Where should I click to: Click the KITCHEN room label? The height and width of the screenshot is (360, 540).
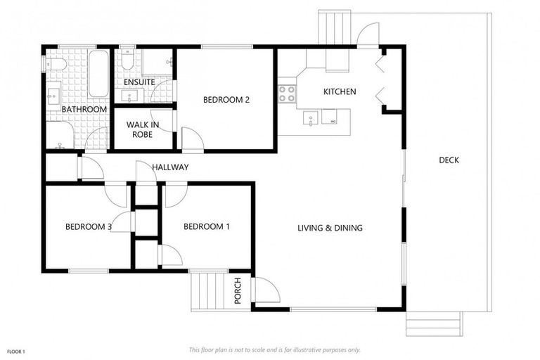click(x=340, y=91)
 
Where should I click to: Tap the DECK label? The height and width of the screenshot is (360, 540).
click(x=449, y=160)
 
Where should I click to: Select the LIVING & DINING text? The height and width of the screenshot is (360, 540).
click(x=330, y=228)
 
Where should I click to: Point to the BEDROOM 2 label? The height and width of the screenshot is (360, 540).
click(x=226, y=100)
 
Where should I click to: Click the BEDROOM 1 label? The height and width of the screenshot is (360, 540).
click(x=207, y=226)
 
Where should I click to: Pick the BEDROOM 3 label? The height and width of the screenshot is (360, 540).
click(x=89, y=226)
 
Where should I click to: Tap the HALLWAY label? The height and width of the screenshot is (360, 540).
click(x=170, y=167)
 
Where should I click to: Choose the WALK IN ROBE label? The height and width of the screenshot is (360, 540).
click(x=143, y=129)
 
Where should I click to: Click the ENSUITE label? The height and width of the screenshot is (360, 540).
click(x=139, y=82)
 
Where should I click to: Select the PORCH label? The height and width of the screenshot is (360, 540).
click(x=238, y=291)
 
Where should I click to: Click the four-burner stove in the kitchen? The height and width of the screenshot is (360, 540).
click(x=287, y=94)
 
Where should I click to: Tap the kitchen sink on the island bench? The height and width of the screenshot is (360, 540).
click(x=311, y=118)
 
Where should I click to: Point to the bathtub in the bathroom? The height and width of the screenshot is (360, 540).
click(x=99, y=74)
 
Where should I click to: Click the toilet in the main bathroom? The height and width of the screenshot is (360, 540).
click(x=55, y=64)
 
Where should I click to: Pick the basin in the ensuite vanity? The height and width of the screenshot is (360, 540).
click(x=129, y=96)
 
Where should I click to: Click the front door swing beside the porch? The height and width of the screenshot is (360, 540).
click(x=266, y=290)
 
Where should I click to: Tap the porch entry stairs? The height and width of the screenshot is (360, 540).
click(x=207, y=290)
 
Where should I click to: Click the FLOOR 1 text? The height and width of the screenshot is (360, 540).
click(x=16, y=352)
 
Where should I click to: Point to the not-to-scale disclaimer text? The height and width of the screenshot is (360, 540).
click(x=274, y=350)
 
